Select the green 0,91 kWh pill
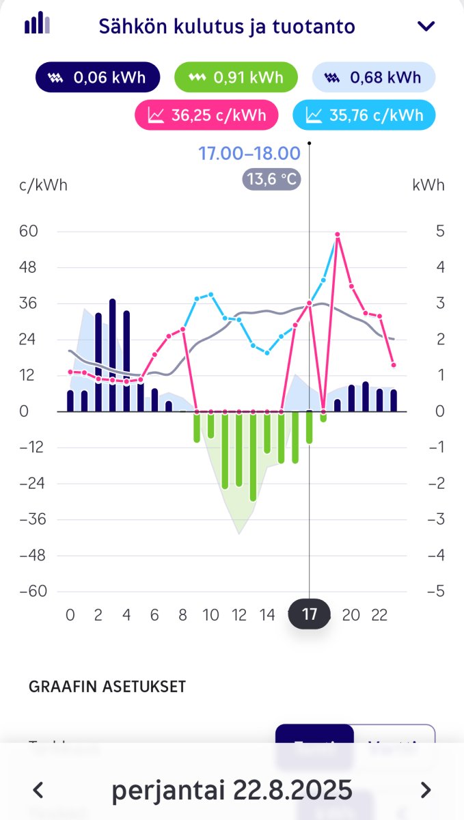pos(236,77)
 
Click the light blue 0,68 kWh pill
pos(374,77)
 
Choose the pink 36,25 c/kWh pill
pos(207,115)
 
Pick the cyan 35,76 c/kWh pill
pos(364,115)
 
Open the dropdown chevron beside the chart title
pos(426,27)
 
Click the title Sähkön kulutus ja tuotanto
pos(227,27)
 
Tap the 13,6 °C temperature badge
pos(271,179)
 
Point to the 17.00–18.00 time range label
pos(249,153)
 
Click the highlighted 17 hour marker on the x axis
pos(310,614)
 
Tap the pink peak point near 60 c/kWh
pos(338,235)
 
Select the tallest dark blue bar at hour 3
pos(112,355)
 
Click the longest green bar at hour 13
pos(253,456)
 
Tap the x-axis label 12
pos(238,615)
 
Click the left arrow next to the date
pos(39,790)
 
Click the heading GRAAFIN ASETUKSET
pos(107,687)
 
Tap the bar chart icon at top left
pos(38,24)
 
